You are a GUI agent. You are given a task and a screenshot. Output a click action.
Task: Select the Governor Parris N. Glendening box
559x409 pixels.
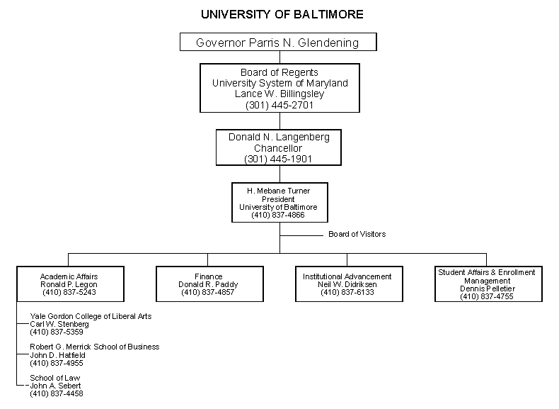click(277, 43)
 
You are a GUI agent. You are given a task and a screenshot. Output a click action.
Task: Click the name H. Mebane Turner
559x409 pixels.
click(278, 191)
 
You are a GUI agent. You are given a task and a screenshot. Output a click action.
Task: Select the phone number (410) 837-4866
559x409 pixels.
click(278, 215)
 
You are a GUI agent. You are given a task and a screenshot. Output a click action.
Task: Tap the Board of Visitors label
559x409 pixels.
click(357, 234)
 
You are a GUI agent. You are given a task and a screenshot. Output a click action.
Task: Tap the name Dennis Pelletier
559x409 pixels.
click(486, 288)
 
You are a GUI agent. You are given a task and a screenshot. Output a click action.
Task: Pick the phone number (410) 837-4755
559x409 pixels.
click(486, 296)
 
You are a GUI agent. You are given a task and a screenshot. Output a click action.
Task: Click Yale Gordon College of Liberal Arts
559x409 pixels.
click(91, 315)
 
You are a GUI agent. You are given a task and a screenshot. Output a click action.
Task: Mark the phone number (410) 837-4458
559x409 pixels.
click(56, 393)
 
